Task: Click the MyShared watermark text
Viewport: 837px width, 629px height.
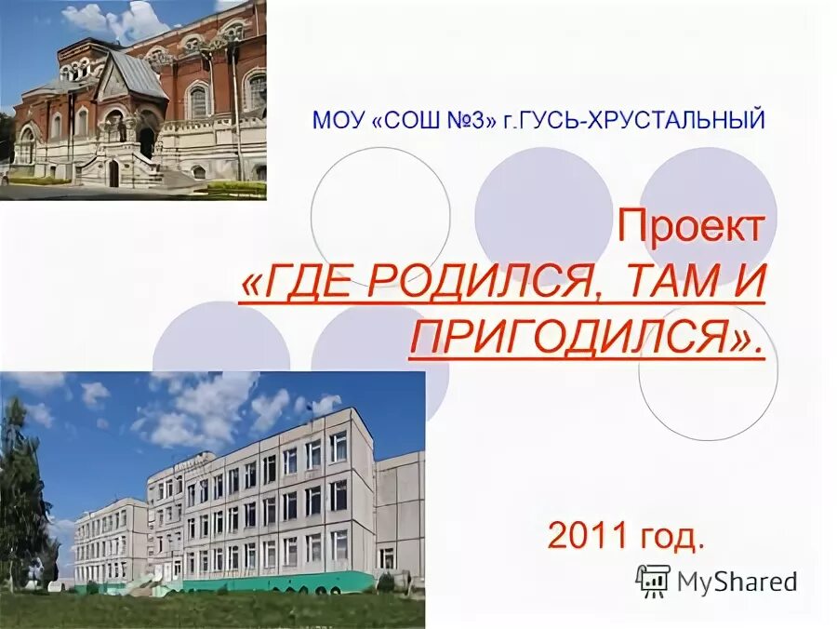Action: [737, 582]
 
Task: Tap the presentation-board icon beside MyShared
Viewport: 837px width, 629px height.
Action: [653, 581]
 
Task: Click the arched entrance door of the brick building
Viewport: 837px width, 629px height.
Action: [113, 173]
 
